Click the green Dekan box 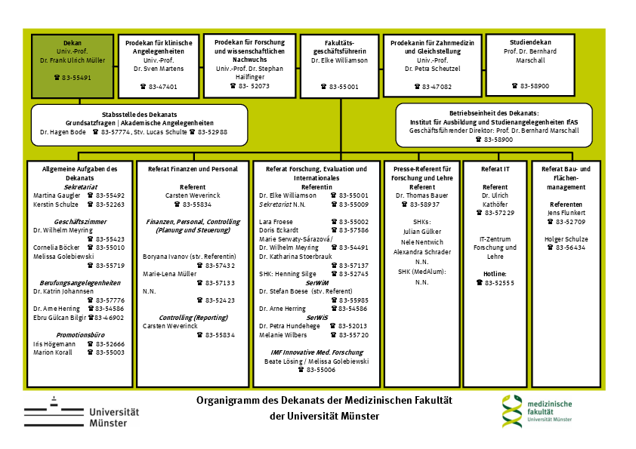tap(73, 65)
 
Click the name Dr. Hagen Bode tap(63, 132)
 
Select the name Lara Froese tap(276, 221)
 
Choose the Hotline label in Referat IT tap(495, 274)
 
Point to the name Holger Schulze tap(566, 239)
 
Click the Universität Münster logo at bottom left tap(82, 411)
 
